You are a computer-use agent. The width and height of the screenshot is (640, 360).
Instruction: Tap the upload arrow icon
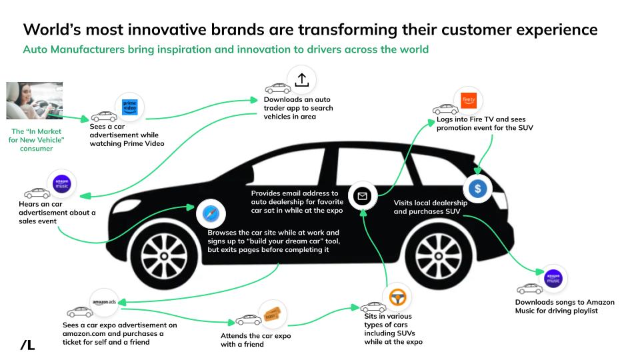[301, 80]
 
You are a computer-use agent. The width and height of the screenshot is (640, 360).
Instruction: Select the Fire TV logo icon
[469, 101]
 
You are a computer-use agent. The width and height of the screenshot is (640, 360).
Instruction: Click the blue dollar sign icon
[478, 188]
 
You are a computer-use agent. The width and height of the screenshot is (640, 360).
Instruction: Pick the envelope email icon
[363, 196]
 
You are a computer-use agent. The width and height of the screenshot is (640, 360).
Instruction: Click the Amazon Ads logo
[105, 301]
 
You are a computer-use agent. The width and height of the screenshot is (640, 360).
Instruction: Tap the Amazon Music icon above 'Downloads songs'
[553, 279]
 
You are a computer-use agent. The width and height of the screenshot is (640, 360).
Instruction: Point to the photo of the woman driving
[34, 101]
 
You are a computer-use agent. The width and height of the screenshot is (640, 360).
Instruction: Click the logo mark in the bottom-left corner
[27, 345]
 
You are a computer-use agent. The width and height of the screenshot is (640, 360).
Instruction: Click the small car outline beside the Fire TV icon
[445, 109]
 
